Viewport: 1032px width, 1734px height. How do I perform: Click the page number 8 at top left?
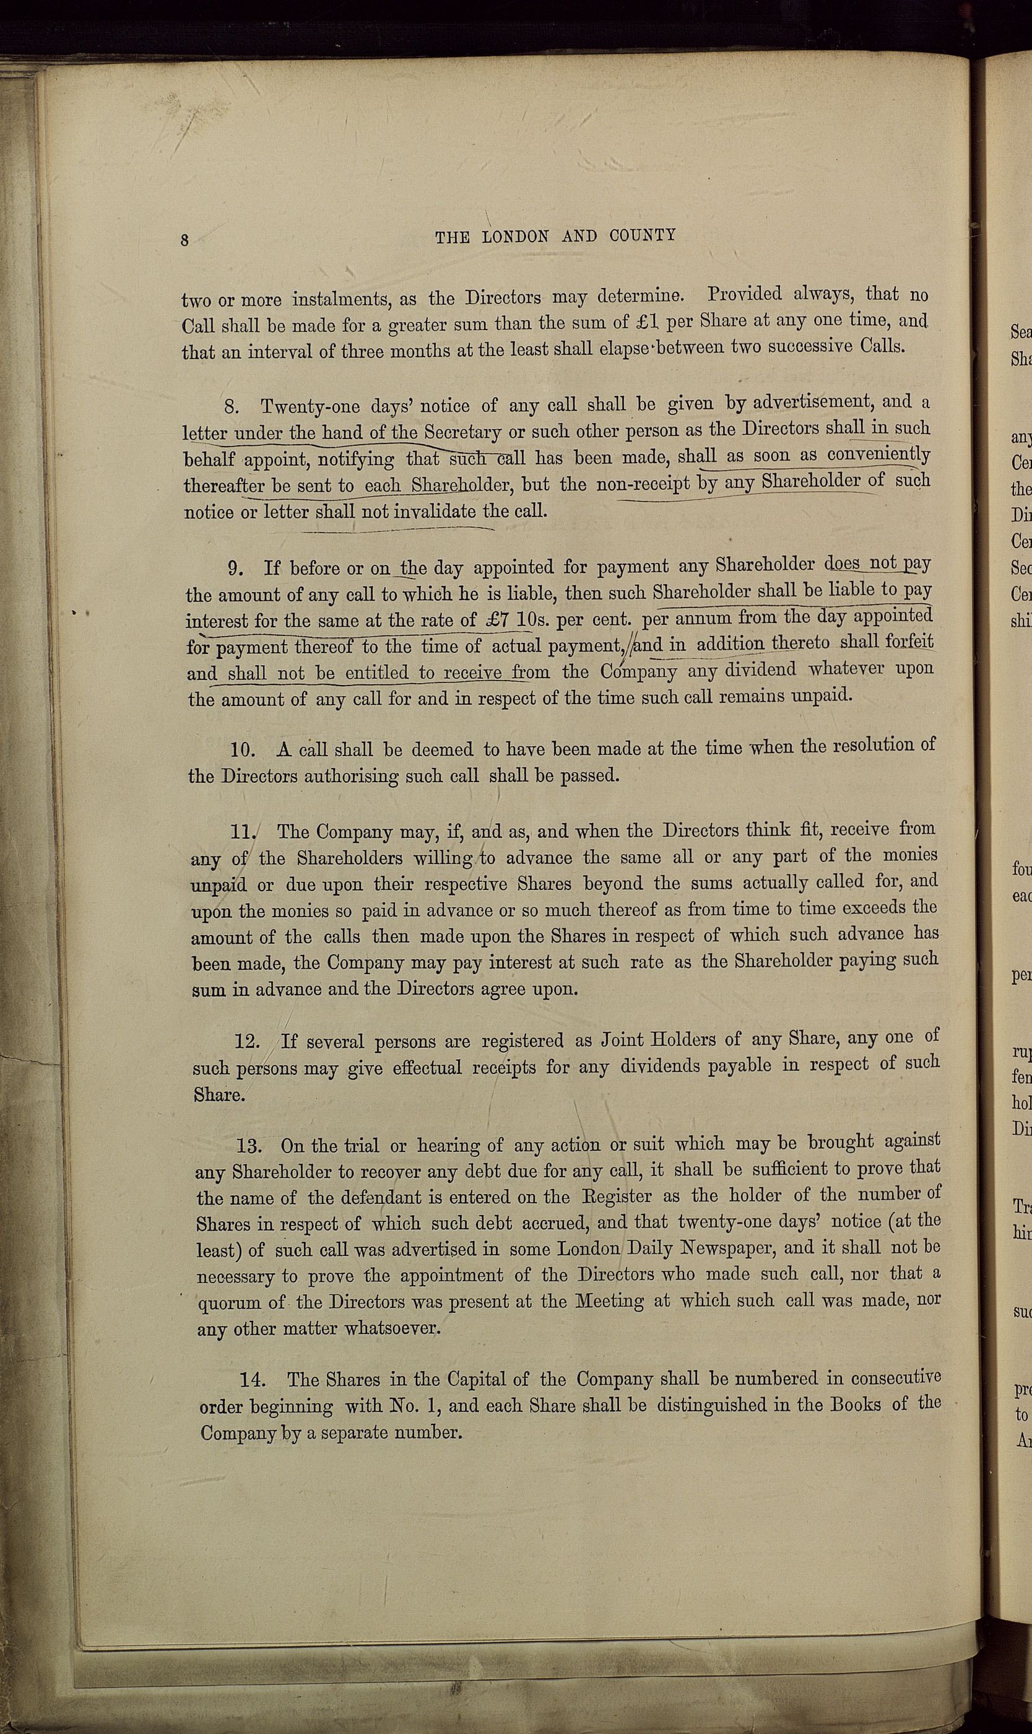pos(185,240)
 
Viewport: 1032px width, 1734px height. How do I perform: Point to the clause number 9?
pos(236,569)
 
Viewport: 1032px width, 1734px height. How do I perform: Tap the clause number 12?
pos(248,1042)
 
